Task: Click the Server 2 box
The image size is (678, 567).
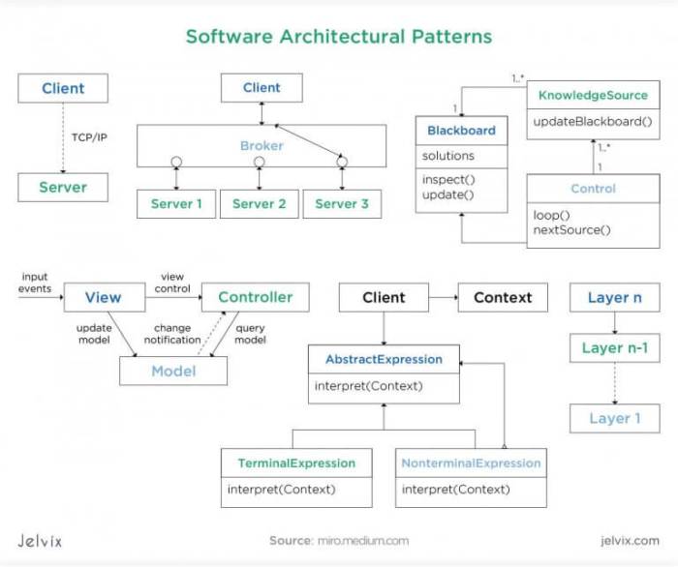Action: point(260,204)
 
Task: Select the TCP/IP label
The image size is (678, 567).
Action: point(89,137)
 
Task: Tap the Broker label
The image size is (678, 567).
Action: point(262,146)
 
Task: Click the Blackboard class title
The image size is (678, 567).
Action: point(461,131)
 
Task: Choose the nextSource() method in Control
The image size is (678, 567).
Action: point(572,229)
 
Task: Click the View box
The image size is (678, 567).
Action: point(103,297)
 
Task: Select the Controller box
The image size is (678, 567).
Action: point(255,297)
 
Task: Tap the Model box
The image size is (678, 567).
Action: point(173,371)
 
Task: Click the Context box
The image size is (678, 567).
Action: point(503,297)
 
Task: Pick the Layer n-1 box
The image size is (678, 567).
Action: point(614,348)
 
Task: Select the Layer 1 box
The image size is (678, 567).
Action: point(615,418)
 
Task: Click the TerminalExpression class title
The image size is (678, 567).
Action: point(297,463)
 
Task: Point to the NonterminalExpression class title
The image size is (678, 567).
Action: point(471,463)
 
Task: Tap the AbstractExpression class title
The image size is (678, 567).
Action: point(384,359)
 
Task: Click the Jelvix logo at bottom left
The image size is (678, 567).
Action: point(40,541)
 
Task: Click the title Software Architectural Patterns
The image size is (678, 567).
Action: point(339,37)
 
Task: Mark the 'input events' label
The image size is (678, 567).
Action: point(34,283)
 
